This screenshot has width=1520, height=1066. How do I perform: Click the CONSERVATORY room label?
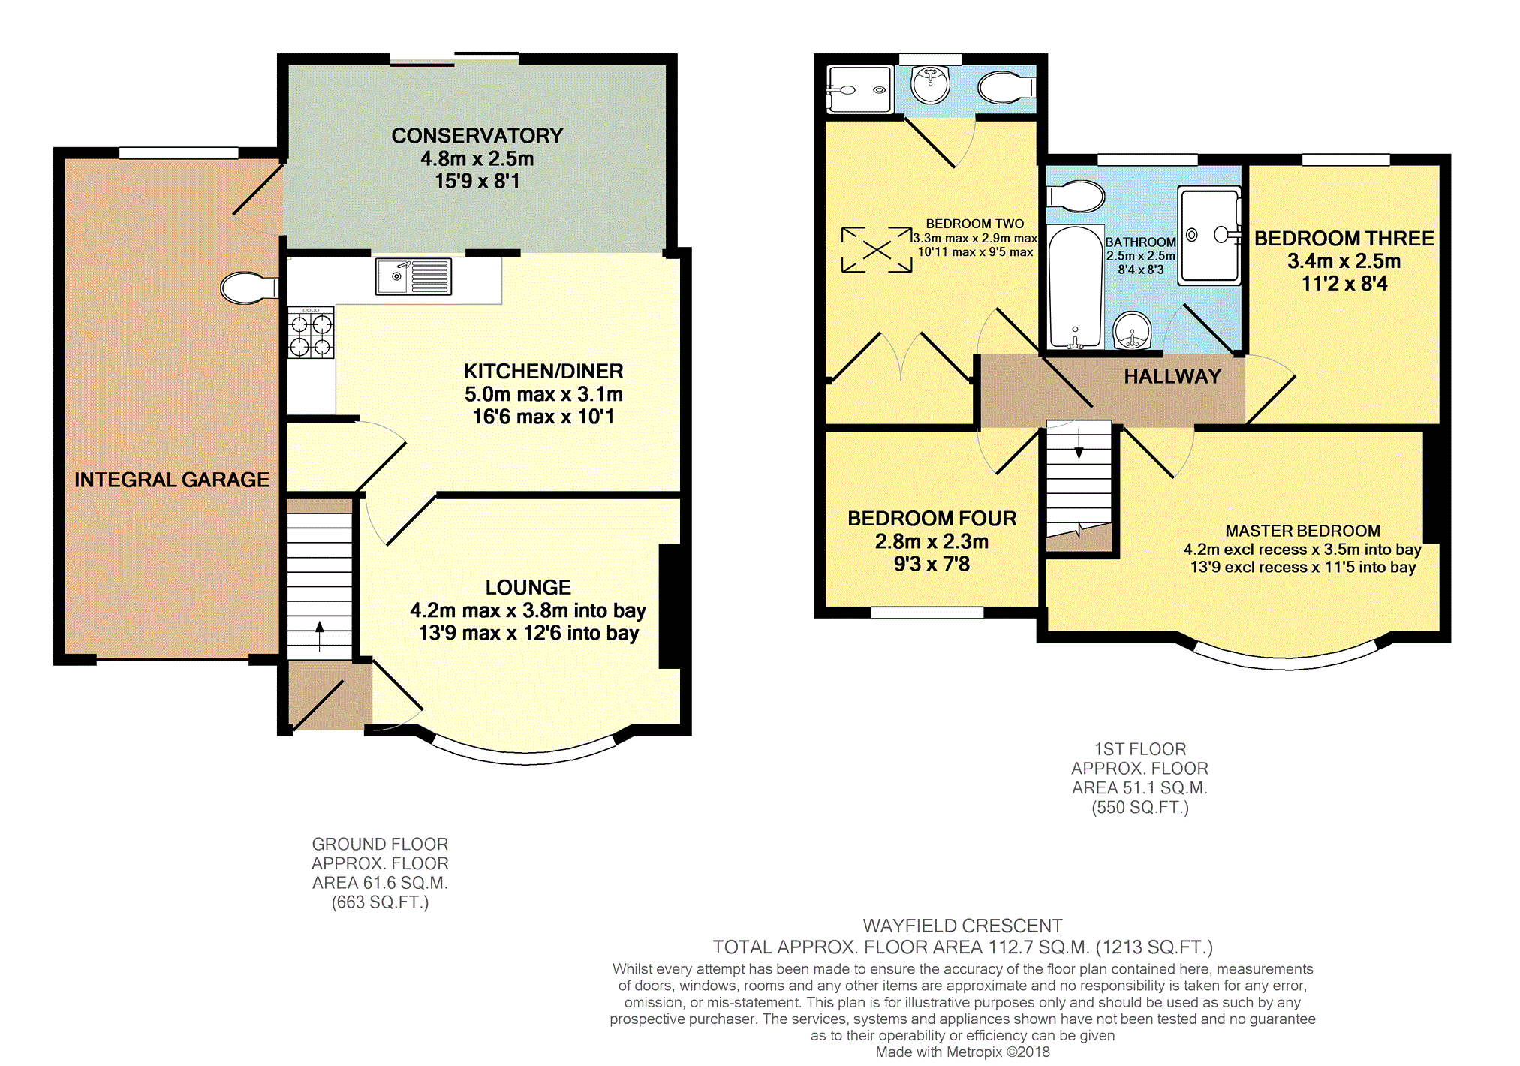(477, 136)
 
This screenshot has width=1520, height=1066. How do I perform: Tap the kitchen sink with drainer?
(414, 276)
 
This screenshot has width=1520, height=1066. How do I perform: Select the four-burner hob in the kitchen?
(311, 333)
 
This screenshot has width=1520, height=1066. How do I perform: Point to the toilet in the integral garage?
(249, 288)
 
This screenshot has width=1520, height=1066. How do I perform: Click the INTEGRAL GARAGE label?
(172, 480)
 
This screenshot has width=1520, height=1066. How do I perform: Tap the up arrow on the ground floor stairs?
(320, 636)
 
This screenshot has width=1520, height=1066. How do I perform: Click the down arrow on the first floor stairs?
(1079, 443)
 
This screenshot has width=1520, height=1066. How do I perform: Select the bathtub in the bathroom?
(1076, 287)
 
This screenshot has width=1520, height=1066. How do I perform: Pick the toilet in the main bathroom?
(1076, 197)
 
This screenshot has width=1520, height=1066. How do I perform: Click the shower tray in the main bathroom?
(1209, 236)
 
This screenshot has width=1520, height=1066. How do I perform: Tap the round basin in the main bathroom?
(1132, 330)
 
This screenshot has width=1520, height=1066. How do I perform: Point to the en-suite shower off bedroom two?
(859, 89)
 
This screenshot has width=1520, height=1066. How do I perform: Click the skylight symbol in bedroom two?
(877, 249)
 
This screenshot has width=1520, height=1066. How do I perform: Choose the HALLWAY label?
(1172, 377)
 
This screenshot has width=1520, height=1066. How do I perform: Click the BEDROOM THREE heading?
(1344, 239)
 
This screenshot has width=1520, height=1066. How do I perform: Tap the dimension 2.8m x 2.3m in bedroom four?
(932, 541)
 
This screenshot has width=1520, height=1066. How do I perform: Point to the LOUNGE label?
(528, 588)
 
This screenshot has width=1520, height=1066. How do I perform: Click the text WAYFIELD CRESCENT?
(963, 926)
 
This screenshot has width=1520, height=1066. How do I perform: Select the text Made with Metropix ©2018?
(963, 1052)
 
